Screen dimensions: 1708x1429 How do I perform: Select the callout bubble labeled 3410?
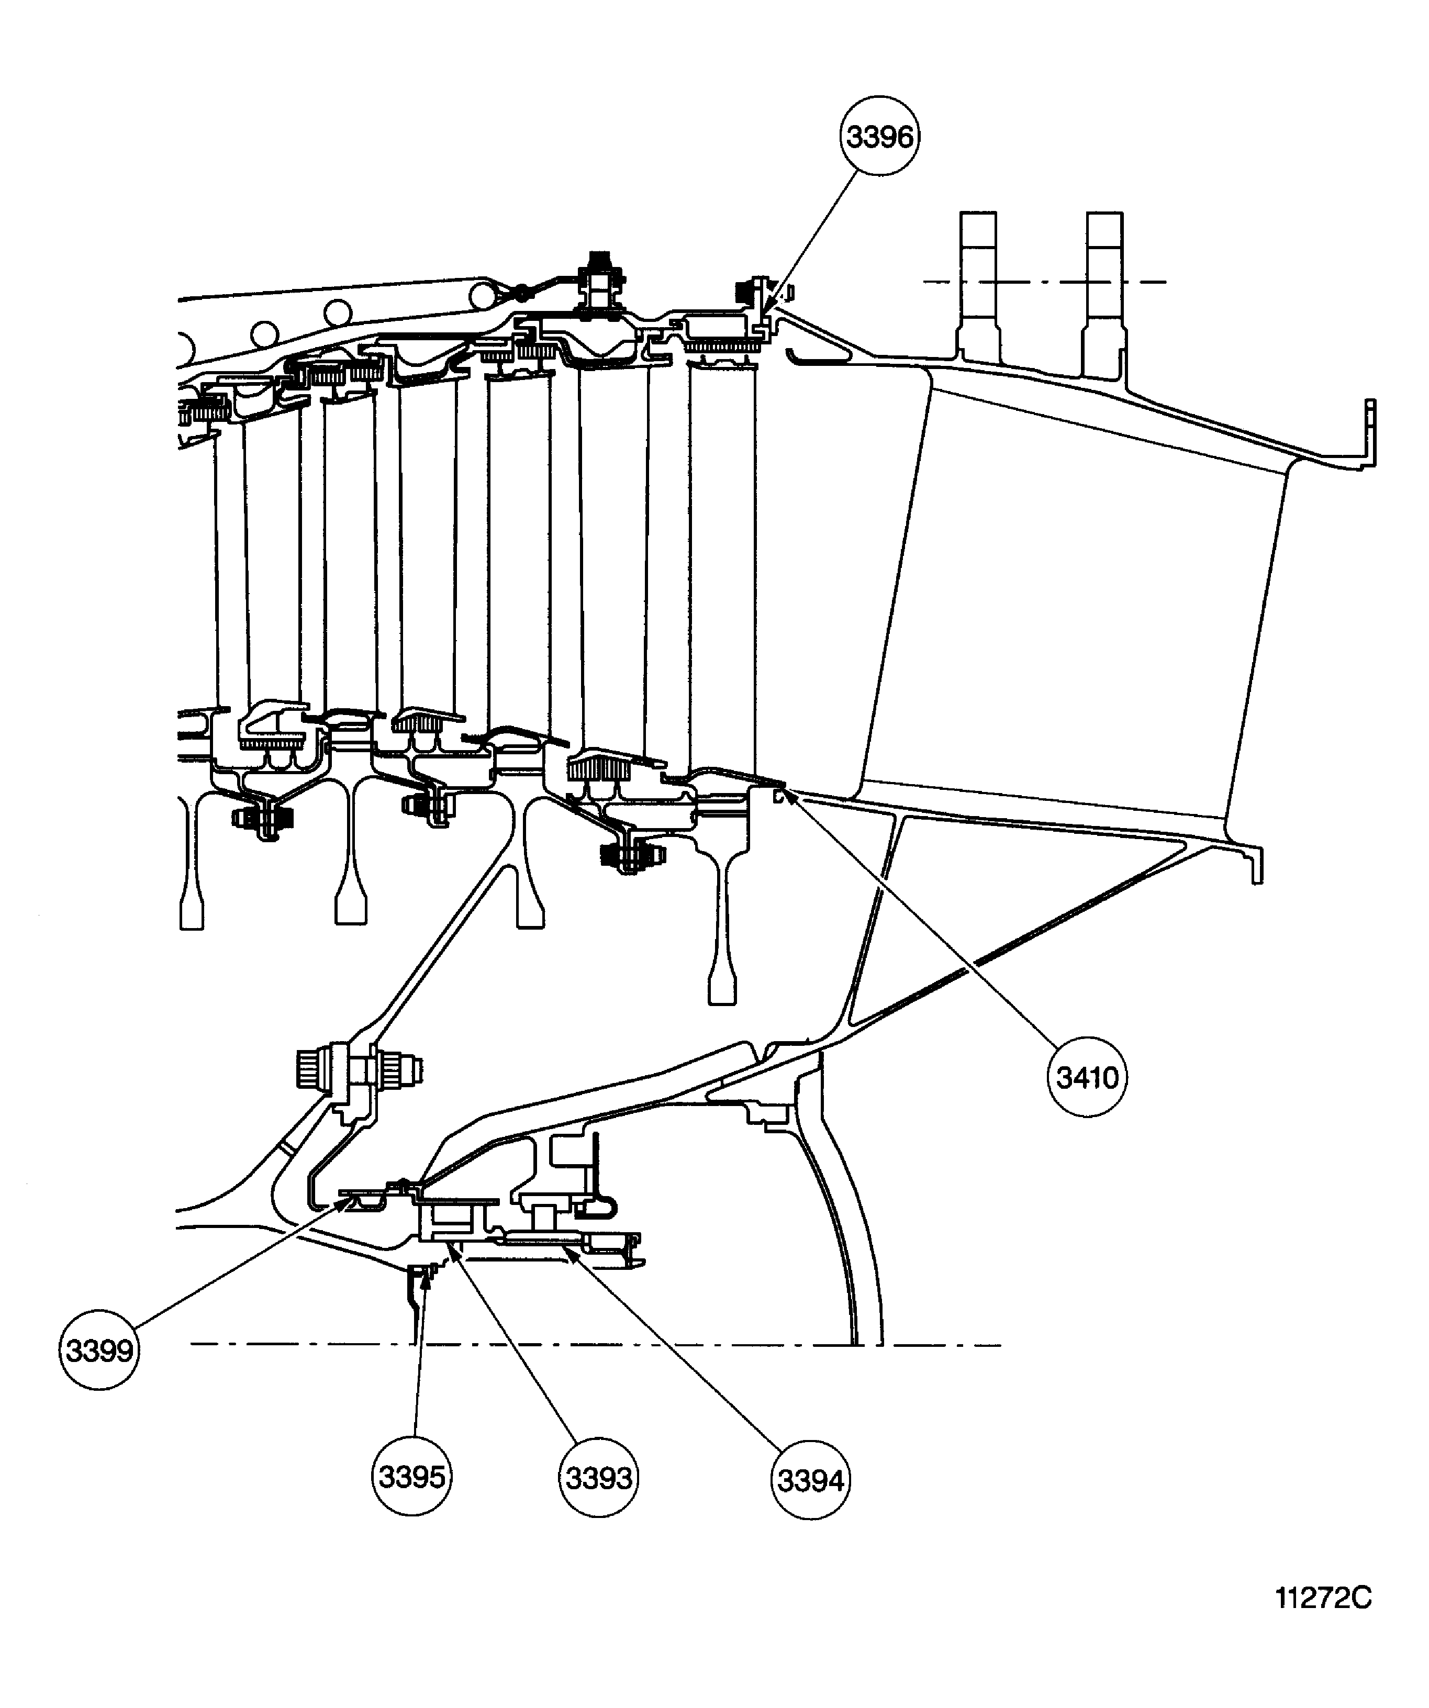(x=1087, y=1078)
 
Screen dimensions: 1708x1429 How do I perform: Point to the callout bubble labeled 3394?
(x=811, y=1480)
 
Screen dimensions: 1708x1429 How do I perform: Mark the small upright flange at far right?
(x=1370, y=431)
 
